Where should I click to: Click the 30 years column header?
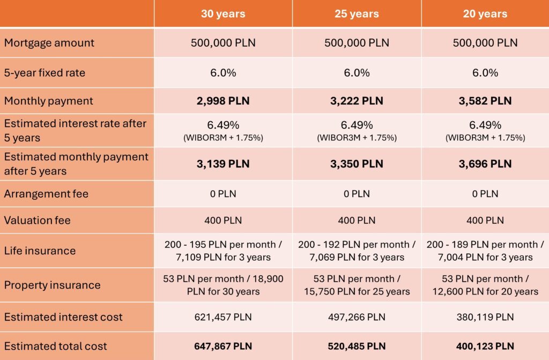pos(223,13)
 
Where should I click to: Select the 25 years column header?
pos(357,13)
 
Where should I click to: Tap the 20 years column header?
pos(485,13)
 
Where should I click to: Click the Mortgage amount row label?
pos(49,43)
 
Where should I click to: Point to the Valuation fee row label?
pos(38,220)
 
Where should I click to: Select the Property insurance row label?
pos(52,285)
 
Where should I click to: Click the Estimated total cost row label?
pos(56,346)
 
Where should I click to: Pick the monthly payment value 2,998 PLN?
pos(223,101)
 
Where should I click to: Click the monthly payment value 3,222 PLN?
pos(357,101)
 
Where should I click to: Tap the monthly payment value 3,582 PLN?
pos(485,101)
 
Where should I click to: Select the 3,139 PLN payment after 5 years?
pos(223,164)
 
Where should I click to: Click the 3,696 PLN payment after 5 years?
pos(485,164)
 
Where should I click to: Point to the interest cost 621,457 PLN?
pos(223,317)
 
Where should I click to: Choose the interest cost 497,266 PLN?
pos(357,317)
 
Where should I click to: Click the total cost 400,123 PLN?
pos(485,346)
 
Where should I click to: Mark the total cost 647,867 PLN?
pos(223,346)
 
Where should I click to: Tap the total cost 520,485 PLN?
pos(357,346)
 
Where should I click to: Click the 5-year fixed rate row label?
pos(44,72)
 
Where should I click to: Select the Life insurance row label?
pos(40,251)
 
